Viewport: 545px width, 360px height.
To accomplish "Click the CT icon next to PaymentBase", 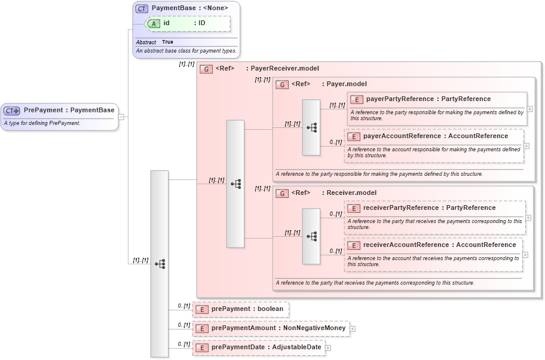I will coord(142,8).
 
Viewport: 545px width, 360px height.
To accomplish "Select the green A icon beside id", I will coord(154,23).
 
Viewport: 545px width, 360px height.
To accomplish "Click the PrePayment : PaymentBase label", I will coord(69,110).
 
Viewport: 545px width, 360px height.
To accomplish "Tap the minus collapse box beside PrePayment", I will coord(121,117).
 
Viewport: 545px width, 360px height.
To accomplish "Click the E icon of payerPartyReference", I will coord(356,99).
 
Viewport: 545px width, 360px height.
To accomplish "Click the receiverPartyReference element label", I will coord(429,208).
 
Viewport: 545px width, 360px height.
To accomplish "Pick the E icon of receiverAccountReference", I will coord(354,245).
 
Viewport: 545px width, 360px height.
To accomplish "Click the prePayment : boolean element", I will coord(247,309).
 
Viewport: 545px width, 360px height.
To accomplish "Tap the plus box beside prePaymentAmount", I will coord(353,328).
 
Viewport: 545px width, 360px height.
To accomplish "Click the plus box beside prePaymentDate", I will coord(328,347).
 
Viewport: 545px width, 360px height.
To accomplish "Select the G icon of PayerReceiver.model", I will coord(206,69).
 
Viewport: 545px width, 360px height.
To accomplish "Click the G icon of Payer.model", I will coord(282,84).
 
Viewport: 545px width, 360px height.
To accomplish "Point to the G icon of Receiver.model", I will coord(282,193).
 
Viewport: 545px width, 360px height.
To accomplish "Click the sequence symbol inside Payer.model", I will coord(311,127).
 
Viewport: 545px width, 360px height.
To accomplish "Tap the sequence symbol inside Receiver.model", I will coord(311,236).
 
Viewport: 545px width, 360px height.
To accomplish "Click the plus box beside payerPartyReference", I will coord(530,109).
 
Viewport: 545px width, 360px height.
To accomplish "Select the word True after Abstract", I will coord(167,42).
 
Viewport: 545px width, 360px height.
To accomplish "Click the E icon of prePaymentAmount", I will coord(202,328).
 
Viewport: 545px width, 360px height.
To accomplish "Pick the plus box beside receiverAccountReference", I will coord(525,254).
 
